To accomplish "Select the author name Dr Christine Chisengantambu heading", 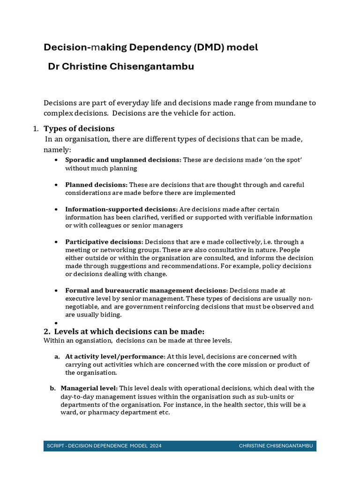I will [x=121, y=67].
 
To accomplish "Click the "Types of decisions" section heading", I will [x=79, y=128].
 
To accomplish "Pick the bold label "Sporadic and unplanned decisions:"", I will [x=123, y=160].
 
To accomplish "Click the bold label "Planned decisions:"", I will [x=96, y=185].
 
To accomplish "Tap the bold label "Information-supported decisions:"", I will [x=121, y=209].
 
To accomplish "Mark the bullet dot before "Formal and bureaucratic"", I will [x=56, y=291].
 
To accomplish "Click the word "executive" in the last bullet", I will [x=80, y=299].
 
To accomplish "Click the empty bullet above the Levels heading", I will [x=56, y=323].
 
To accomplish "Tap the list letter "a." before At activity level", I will [x=57, y=356].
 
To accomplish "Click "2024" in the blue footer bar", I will [x=156, y=446].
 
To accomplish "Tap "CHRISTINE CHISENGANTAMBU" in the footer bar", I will [x=276, y=446].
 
